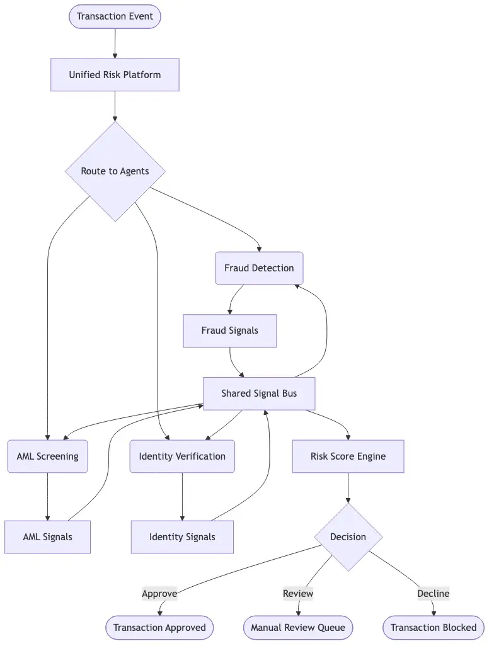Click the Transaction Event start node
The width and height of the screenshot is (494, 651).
coord(115,16)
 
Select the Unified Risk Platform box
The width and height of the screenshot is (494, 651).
coord(115,75)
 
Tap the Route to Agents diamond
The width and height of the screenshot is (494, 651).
coord(115,171)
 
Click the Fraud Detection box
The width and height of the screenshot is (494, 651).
coord(259,268)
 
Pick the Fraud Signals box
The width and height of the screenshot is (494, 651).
coord(229,331)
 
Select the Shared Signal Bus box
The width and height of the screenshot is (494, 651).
coord(259,393)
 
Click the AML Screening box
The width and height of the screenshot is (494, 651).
coord(47,456)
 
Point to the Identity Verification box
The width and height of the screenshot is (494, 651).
coord(182,456)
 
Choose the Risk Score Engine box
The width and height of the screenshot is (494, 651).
coord(348,456)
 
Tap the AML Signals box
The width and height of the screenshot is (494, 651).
coord(47,537)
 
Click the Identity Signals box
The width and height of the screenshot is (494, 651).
coord(182,537)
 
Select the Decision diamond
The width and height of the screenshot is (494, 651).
coord(348,537)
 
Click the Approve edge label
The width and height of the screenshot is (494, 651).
coord(159,593)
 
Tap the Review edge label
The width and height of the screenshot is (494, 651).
coord(298,593)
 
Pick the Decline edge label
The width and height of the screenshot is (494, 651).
coord(434,593)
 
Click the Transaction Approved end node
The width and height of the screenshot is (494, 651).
coord(159,628)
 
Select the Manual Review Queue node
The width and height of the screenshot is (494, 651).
coord(298,628)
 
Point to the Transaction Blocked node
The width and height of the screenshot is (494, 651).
coord(434,628)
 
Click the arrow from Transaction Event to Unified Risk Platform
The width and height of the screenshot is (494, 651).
coord(115,43)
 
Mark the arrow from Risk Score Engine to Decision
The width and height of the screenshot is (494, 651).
coord(348,488)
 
